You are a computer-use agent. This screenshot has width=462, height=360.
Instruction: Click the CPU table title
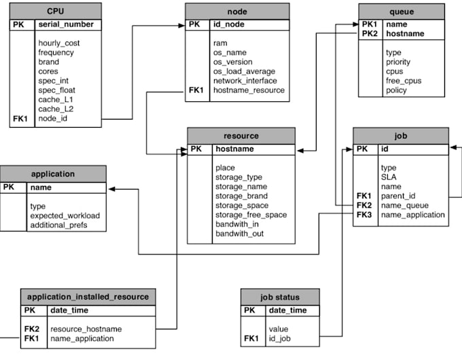(x=56, y=12)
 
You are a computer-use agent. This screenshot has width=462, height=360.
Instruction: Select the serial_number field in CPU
(x=66, y=24)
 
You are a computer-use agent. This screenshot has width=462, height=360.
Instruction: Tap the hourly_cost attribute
(x=60, y=43)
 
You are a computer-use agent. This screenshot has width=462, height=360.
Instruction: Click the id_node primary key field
(x=228, y=24)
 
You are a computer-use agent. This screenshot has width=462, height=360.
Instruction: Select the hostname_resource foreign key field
(x=249, y=90)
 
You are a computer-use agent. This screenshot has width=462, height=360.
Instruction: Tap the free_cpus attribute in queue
(x=405, y=80)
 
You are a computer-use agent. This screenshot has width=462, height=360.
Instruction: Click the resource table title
(x=241, y=135)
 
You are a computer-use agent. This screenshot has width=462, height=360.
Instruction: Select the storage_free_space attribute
(x=251, y=215)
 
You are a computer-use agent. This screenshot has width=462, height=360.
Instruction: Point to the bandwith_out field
(x=241, y=234)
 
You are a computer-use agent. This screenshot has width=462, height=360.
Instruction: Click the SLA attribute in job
(x=388, y=177)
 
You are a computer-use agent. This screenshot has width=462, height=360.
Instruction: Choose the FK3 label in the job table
(x=365, y=215)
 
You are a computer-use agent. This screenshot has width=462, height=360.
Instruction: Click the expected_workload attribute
(x=65, y=215)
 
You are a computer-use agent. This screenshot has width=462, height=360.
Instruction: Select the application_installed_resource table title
(x=88, y=297)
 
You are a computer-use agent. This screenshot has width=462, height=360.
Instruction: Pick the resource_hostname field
(x=85, y=328)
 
